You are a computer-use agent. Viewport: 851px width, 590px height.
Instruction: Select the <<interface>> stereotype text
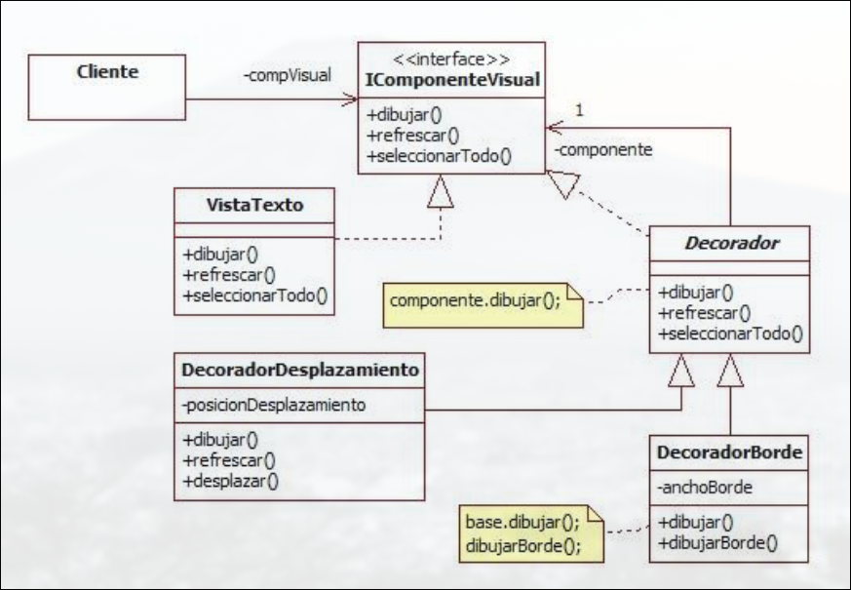[x=449, y=59]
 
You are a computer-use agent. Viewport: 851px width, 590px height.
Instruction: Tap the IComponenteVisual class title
[x=449, y=79]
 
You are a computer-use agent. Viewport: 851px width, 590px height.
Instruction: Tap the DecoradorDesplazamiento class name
[x=300, y=370]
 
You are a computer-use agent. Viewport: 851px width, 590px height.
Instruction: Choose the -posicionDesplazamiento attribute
[x=275, y=405]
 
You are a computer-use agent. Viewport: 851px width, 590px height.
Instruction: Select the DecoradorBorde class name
[x=730, y=452]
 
